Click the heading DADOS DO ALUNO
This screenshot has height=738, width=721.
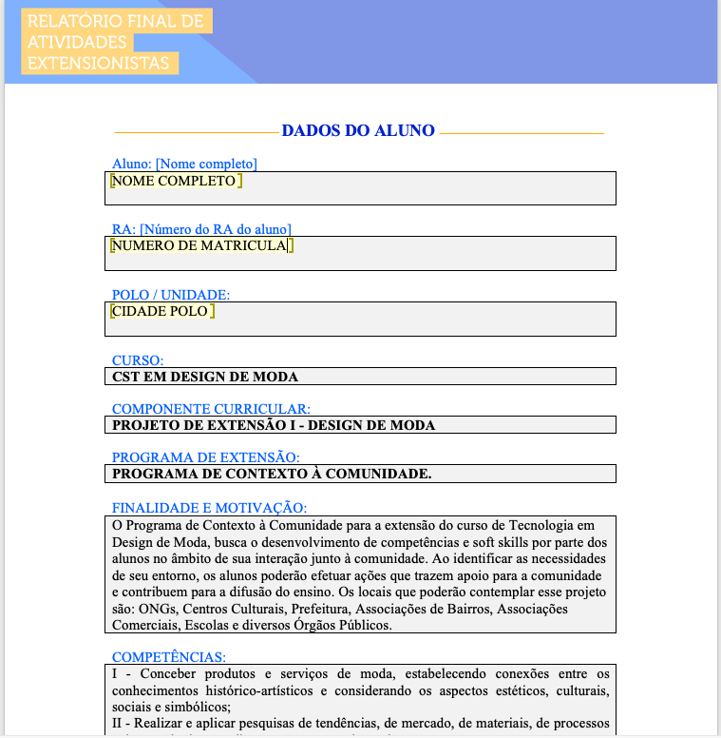tap(358, 131)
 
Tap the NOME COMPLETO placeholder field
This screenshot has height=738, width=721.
tap(174, 181)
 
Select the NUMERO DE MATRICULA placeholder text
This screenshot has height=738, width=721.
tap(199, 245)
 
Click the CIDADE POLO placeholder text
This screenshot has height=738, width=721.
tap(160, 311)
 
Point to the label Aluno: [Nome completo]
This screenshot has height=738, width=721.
tap(184, 164)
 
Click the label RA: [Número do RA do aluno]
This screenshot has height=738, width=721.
tap(201, 229)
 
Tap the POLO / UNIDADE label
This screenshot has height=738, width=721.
tap(171, 295)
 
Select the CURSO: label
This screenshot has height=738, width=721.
tap(138, 360)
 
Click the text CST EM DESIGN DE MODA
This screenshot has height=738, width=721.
tap(205, 377)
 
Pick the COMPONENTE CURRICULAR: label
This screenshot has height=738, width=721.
tap(211, 409)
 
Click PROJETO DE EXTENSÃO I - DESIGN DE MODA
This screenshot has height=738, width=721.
tap(274, 425)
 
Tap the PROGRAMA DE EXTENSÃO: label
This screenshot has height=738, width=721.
tap(206, 457)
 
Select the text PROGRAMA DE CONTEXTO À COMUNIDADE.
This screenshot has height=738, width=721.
tap(272, 474)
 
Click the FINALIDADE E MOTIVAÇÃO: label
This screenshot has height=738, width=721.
tap(209, 508)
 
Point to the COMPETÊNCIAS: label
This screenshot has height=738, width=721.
tap(169, 656)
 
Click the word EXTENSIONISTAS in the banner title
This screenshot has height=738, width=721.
tap(99, 64)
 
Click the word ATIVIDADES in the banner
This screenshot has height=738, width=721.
tap(78, 42)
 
